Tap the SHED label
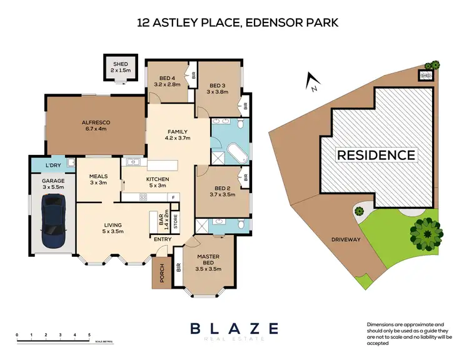point(119,64)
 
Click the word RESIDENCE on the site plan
point(376,155)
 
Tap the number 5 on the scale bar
point(89,336)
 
